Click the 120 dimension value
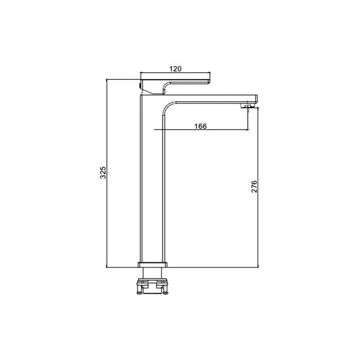coord(175,69)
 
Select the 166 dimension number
coord(201,126)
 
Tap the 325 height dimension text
coord(103,173)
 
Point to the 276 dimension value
coord(254,186)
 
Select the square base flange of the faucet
coord(152,265)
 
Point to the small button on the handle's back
coord(140,85)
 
